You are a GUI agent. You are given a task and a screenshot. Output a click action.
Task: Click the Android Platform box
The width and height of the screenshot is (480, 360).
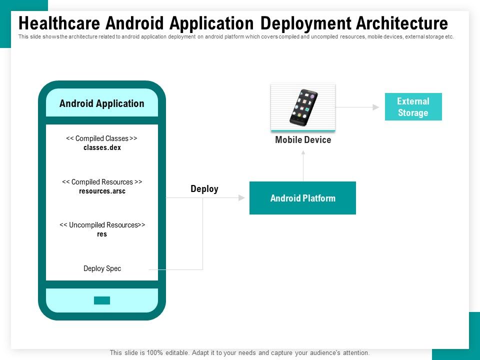point(302,198)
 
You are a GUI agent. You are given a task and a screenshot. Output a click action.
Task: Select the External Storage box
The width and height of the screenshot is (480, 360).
point(413,106)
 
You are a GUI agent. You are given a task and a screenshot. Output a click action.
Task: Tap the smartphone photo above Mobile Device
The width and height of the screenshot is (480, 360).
point(303,107)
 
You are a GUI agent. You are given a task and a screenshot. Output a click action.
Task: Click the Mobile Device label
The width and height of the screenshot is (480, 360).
point(303,139)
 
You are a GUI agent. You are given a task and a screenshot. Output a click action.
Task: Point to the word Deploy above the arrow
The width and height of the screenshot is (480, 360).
point(204,189)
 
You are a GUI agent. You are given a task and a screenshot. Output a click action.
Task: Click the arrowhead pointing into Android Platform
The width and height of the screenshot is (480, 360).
point(241,198)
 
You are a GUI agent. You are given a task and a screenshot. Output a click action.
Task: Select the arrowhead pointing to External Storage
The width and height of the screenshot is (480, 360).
point(376,107)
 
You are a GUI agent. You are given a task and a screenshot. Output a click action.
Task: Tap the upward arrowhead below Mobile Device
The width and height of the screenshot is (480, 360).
point(303,152)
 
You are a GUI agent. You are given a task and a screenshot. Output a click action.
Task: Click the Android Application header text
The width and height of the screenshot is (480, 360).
point(101,103)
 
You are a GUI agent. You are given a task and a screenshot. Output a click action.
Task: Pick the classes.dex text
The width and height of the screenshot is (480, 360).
point(102,147)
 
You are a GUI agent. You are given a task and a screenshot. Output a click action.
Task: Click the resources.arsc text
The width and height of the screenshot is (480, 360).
point(102,191)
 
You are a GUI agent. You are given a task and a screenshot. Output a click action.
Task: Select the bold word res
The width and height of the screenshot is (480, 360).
point(102,234)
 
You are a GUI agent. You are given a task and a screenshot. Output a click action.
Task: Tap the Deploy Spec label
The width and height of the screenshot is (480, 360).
point(102,268)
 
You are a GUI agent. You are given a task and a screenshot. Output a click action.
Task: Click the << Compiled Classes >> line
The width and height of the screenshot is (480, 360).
point(101,138)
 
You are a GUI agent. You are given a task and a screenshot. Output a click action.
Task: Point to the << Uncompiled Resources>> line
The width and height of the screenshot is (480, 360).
point(102,225)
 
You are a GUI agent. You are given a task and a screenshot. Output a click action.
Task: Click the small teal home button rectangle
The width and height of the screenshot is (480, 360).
point(102,300)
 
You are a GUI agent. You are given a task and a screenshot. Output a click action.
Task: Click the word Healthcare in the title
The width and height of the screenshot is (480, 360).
point(59,23)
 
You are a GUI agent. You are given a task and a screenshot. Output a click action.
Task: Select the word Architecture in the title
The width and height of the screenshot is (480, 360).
point(402,23)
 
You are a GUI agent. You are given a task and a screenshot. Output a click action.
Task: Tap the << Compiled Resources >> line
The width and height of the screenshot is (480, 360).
point(102,182)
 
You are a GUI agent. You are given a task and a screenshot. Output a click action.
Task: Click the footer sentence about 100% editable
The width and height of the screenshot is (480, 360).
point(239,352)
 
